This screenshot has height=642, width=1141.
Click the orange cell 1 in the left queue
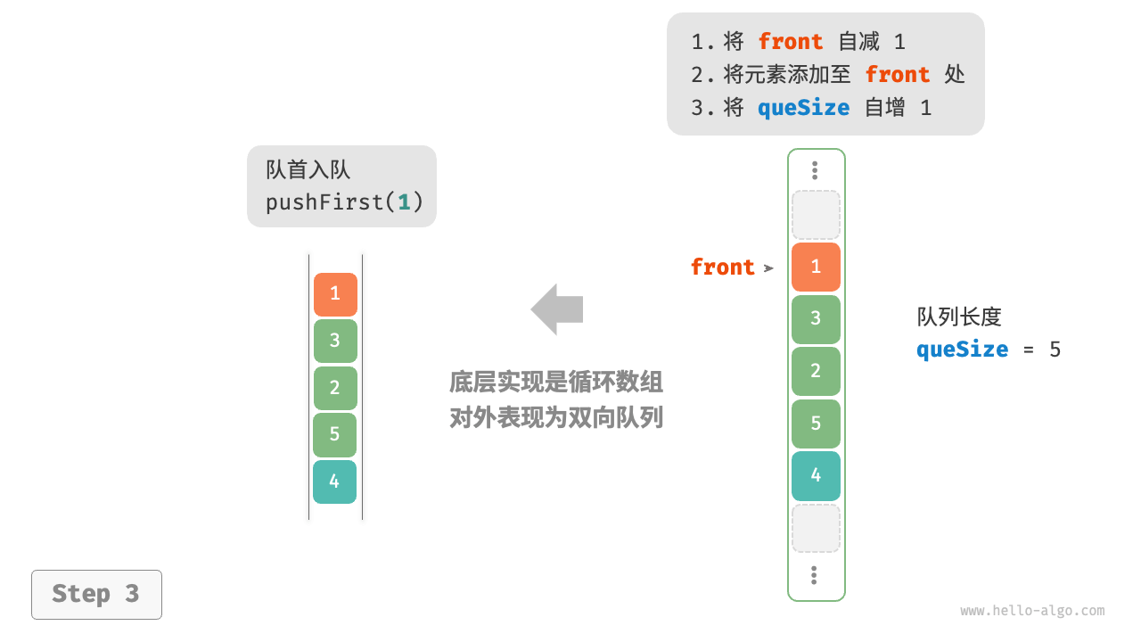click(335, 294)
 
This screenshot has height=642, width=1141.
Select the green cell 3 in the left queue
click(335, 341)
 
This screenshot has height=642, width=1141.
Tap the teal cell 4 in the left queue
click(334, 481)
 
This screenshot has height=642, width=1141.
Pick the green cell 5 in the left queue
click(334, 435)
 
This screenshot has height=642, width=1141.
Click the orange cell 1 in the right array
click(816, 267)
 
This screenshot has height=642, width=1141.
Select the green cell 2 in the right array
click(816, 371)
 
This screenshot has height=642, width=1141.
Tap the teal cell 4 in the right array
click(816, 475)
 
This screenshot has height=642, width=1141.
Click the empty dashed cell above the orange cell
click(816, 214)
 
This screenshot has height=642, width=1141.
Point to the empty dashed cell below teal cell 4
click(816, 528)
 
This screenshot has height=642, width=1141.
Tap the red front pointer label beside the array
click(722, 267)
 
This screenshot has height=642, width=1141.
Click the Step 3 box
click(96, 594)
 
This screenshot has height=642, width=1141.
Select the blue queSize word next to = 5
click(962, 349)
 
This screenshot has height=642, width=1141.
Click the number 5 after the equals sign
click(1055, 349)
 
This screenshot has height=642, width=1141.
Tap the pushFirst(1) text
click(344, 202)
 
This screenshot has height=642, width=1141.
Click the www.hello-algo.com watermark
click(1032, 611)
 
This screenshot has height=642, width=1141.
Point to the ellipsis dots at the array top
click(815, 170)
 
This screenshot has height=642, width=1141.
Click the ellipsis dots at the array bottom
click(814, 575)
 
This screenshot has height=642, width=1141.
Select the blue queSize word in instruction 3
click(803, 108)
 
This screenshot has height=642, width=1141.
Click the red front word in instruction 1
click(790, 42)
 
